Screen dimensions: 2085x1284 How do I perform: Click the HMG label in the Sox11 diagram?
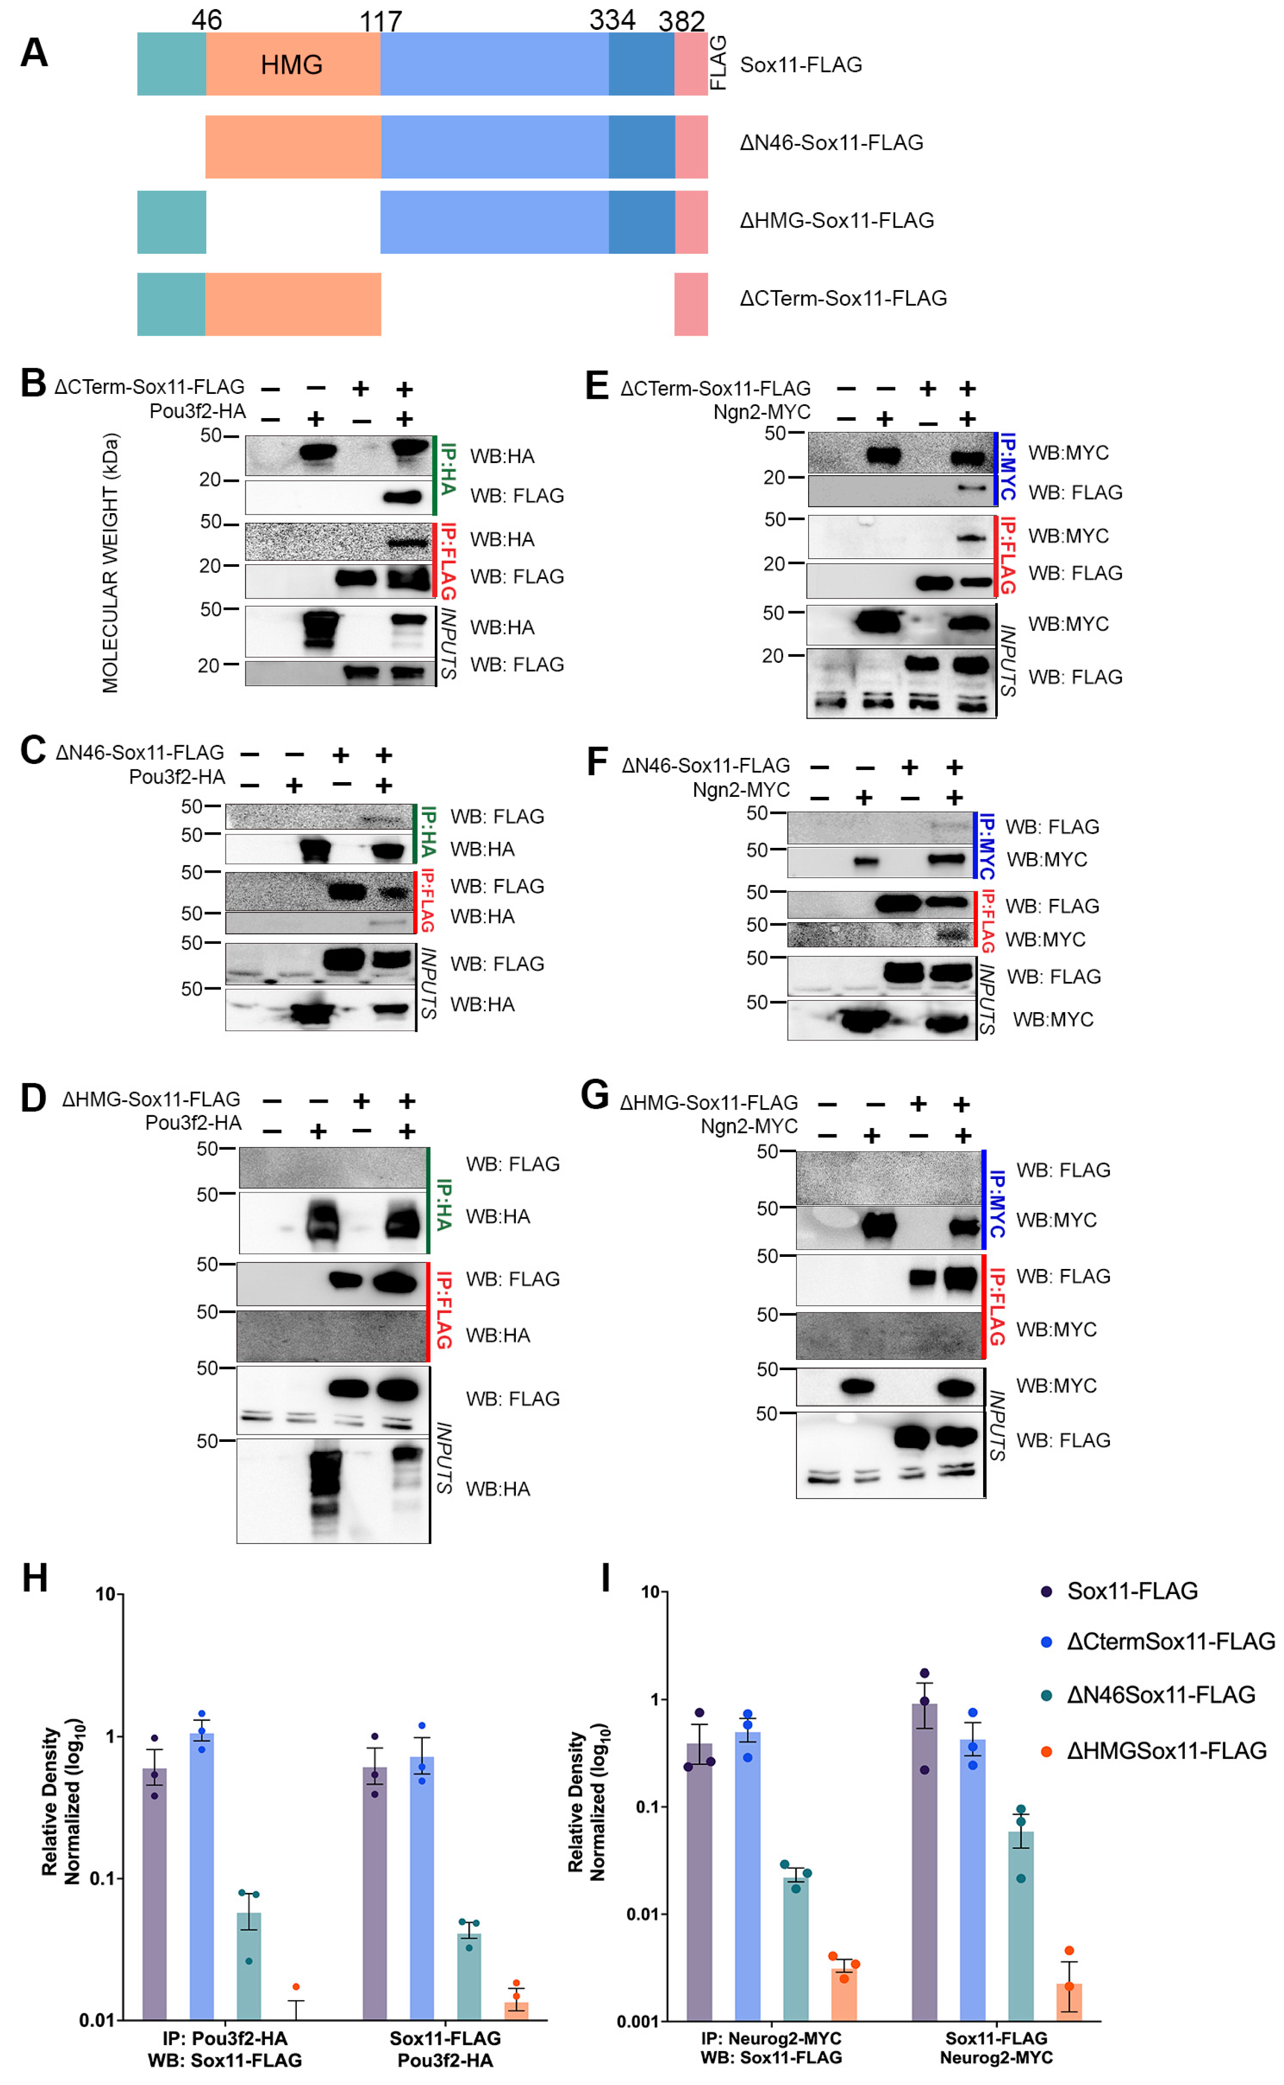(291, 65)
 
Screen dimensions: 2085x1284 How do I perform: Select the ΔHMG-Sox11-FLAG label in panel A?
(836, 221)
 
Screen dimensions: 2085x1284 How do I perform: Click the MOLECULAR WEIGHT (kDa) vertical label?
(110, 563)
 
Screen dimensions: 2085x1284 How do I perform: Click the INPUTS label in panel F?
(987, 998)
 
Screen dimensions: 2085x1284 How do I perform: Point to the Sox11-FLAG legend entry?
(1131, 1592)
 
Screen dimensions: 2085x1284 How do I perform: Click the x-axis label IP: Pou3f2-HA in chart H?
(225, 2038)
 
